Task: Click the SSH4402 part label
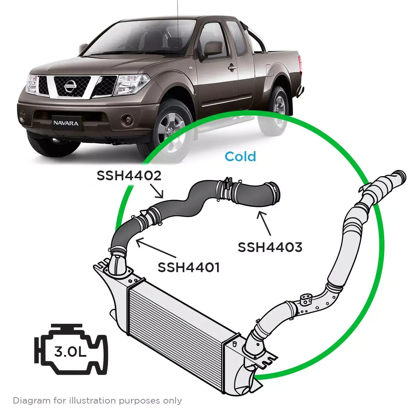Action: click(x=129, y=176)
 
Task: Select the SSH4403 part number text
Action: click(x=270, y=247)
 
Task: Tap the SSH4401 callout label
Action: click(x=189, y=267)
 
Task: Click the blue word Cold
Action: click(x=240, y=157)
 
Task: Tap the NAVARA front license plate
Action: click(x=66, y=123)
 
